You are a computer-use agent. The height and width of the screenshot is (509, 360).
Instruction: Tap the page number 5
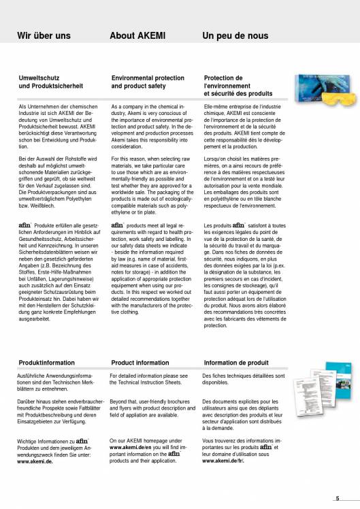pyautogui.click(x=338, y=498)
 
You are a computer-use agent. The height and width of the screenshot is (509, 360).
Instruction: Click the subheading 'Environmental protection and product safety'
pyautogui.click(x=148, y=82)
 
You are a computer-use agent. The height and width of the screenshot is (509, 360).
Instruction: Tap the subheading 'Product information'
pyautogui.click(x=140, y=363)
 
